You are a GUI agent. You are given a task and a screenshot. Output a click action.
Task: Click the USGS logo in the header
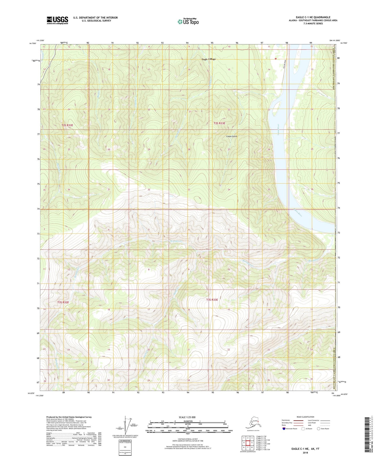57,20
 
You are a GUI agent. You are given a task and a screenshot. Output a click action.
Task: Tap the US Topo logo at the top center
188,22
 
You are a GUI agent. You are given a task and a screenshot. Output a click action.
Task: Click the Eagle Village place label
209,59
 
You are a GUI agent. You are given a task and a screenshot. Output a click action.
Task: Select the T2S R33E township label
219,123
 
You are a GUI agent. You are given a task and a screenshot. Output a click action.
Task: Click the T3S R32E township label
63,302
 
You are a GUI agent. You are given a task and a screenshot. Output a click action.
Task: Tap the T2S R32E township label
67,125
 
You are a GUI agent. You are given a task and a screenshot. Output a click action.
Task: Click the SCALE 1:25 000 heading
188,417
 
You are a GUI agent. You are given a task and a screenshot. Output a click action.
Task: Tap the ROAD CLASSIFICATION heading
305,417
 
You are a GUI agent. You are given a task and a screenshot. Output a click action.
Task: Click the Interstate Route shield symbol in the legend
284,429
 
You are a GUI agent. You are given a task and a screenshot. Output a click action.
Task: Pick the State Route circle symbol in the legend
319,429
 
